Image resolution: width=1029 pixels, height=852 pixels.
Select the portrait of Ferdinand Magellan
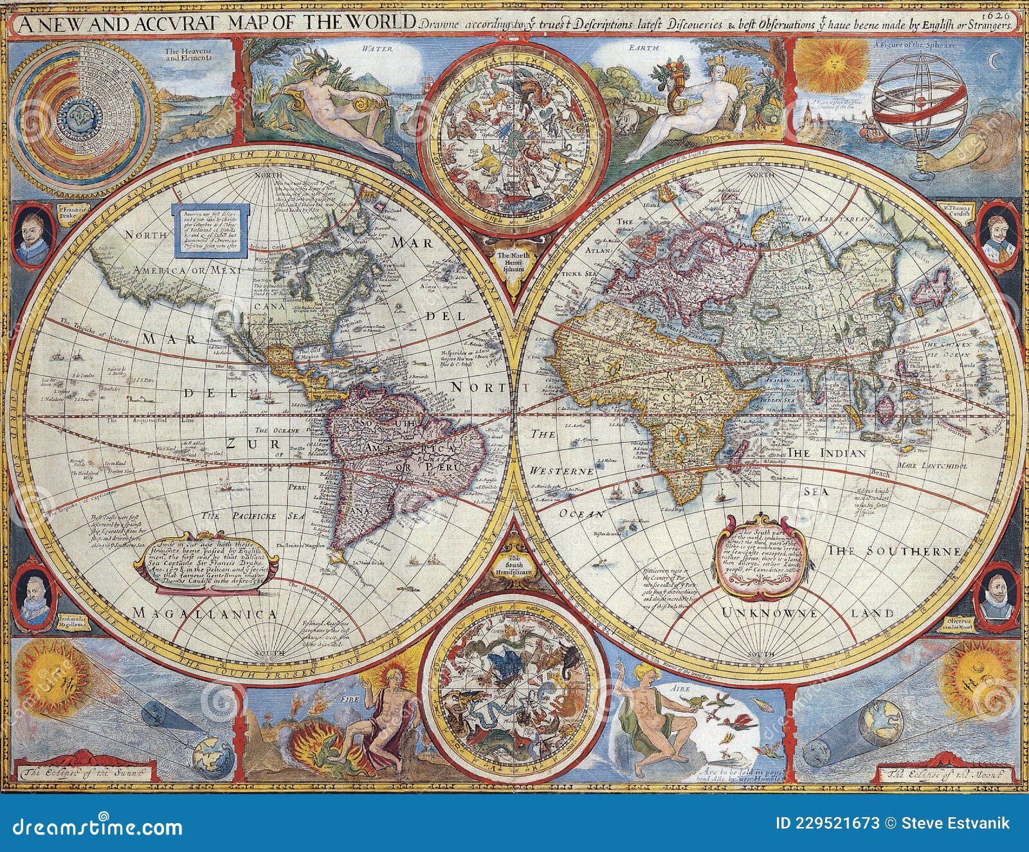pos(33,592)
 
